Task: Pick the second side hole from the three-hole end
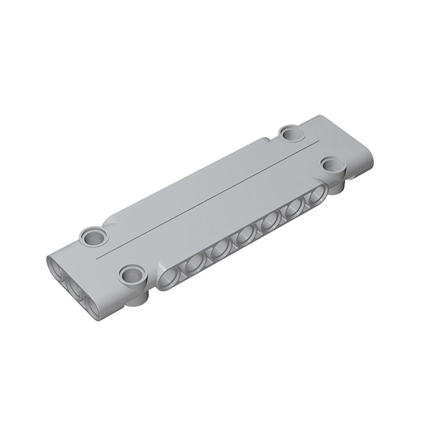tap(195, 264)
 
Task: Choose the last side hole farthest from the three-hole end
tap(315, 197)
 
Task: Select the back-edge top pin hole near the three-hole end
tap(92, 235)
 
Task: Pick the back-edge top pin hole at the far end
tap(292, 133)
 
